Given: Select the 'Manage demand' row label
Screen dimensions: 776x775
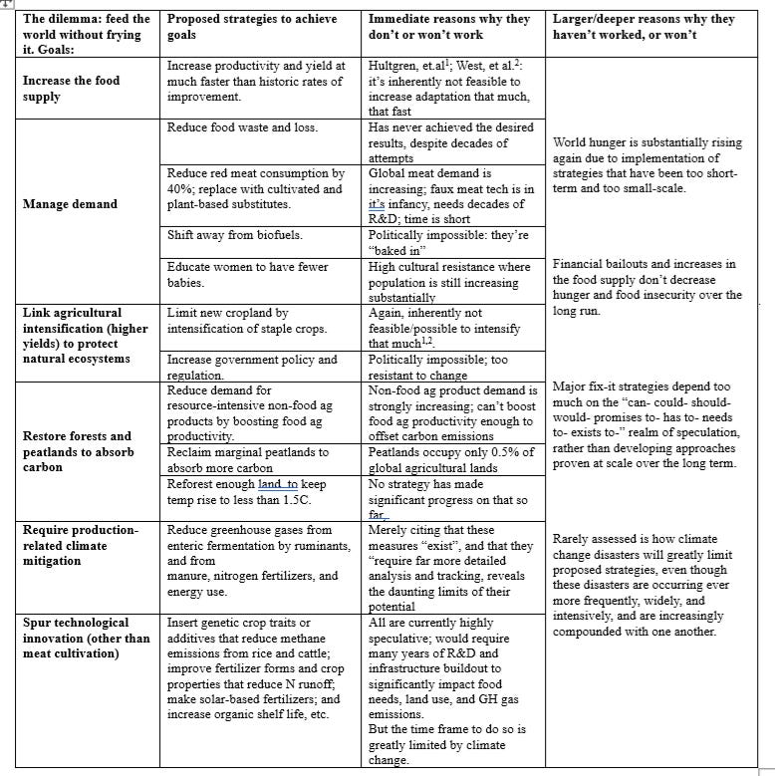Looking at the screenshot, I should [70, 204].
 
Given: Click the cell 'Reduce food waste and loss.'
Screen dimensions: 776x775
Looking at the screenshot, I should [243, 129].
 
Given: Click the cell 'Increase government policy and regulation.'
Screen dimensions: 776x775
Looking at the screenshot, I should [252, 367].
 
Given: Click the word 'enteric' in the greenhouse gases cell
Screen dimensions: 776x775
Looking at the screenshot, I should [190, 546].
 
